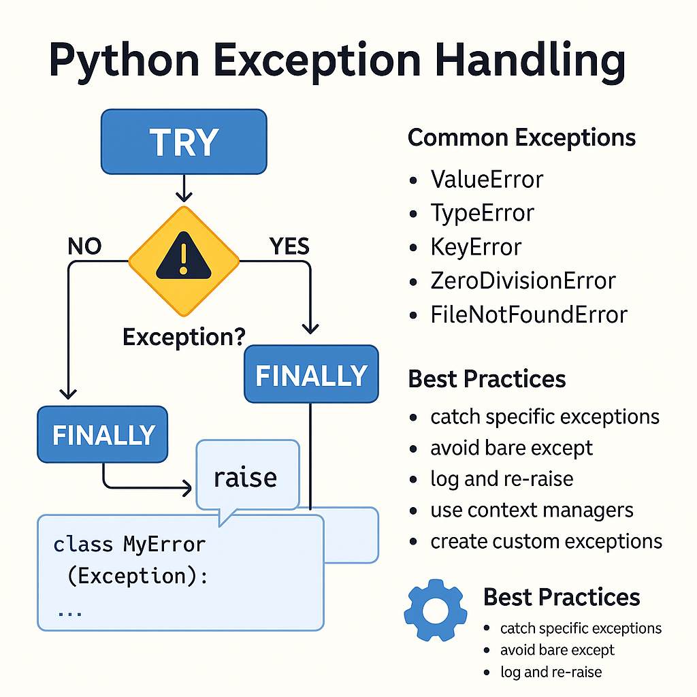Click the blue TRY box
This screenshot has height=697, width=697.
pos(184,142)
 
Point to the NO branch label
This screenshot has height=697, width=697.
pos(84,246)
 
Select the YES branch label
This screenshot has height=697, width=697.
pos(289,246)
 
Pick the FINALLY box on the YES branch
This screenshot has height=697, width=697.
pos(311,374)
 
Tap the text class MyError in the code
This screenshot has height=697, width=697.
pos(129,545)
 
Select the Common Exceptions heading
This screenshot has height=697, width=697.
pos(521,138)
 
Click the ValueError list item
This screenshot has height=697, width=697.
pos(487,180)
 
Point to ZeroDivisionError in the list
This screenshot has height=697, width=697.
pos(523,280)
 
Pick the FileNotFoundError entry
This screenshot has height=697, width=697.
pos(528,314)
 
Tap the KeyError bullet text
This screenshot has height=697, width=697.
pos(476,247)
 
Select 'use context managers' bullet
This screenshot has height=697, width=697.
pos(532,510)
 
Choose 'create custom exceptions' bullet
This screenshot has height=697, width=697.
pos(546,541)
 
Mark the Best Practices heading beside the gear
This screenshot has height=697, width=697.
pos(562,597)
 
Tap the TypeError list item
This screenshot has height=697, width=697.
pos(482,213)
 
